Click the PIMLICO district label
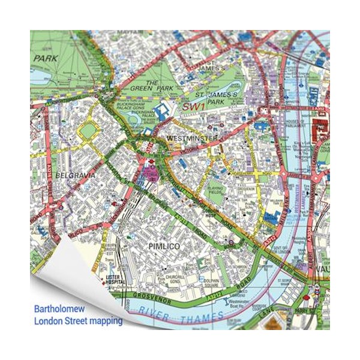164,246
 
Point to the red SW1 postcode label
194,107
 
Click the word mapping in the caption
105,321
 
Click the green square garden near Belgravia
88,130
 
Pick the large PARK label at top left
45,59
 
